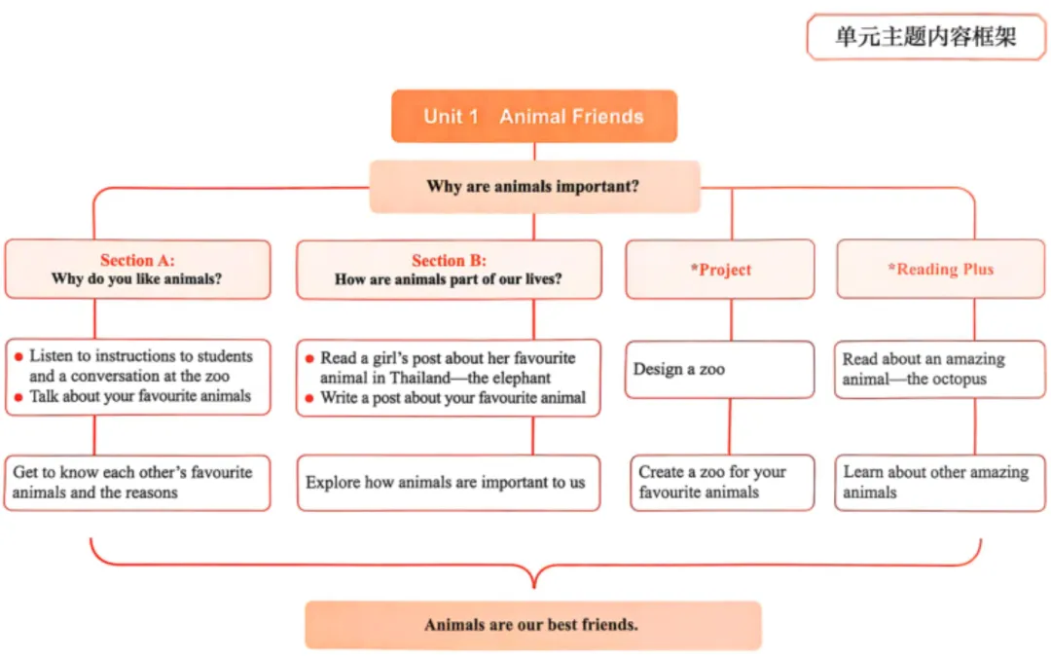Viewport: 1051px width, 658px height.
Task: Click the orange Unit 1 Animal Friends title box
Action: click(x=533, y=117)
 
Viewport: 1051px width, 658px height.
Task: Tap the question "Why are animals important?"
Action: click(x=533, y=186)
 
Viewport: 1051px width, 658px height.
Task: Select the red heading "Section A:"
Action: click(x=137, y=260)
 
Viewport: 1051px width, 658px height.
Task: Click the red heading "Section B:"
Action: click(x=449, y=260)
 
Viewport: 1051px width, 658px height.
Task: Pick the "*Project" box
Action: click(x=720, y=270)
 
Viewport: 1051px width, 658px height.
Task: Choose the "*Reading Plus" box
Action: click(x=940, y=269)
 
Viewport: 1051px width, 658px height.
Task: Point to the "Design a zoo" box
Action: click(x=719, y=369)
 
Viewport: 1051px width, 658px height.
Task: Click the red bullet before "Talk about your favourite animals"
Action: click(x=18, y=397)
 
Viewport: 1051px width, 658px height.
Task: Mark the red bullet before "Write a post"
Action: click(x=309, y=398)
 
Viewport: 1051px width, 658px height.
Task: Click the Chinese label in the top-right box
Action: click(x=925, y=37)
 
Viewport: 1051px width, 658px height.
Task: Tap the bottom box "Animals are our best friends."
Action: click(x=532, y=624)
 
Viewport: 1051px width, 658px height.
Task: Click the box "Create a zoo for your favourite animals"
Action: click(x=721, y=482)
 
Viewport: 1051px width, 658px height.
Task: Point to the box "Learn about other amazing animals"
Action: click(x=940, y=482)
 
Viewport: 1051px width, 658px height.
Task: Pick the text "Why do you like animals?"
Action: click(x=137, y=279)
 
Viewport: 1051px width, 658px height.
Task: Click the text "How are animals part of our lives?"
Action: click(x=449, y=279)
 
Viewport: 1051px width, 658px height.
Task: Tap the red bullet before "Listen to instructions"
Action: click(x=18, y=357)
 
